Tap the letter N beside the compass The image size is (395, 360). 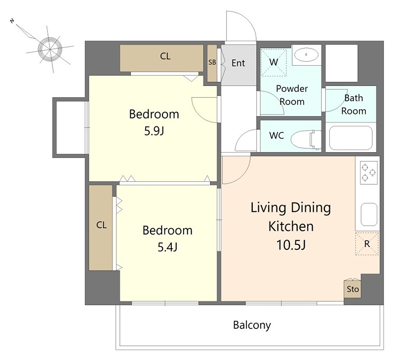(x=12, y=21)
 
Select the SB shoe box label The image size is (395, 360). (x=212, y=62)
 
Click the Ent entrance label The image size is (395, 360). (x=238, y=63)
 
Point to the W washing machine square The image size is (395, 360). (x=274, y=63)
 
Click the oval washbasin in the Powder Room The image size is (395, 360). (x=306, y=54)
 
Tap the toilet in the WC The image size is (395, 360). (x=306, y=139)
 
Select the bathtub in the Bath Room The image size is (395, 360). (x=351, y=138)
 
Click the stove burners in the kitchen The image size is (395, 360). (x=368, y=172)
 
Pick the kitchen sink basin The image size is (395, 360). (x=369, y=214)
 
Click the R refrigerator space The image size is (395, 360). (x=367, y=244)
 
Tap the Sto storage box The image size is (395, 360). (x=353, y=288)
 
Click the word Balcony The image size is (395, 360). (x=252, y=325)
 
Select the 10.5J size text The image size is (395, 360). (x=291, y=244)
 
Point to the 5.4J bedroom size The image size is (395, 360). (x=167, y=247)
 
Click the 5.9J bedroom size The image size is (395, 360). (x=154, y=131)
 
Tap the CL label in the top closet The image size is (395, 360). (x=165, y=56)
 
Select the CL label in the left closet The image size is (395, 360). (x=102, y=225)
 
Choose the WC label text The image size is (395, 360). (x=276, y=135)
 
